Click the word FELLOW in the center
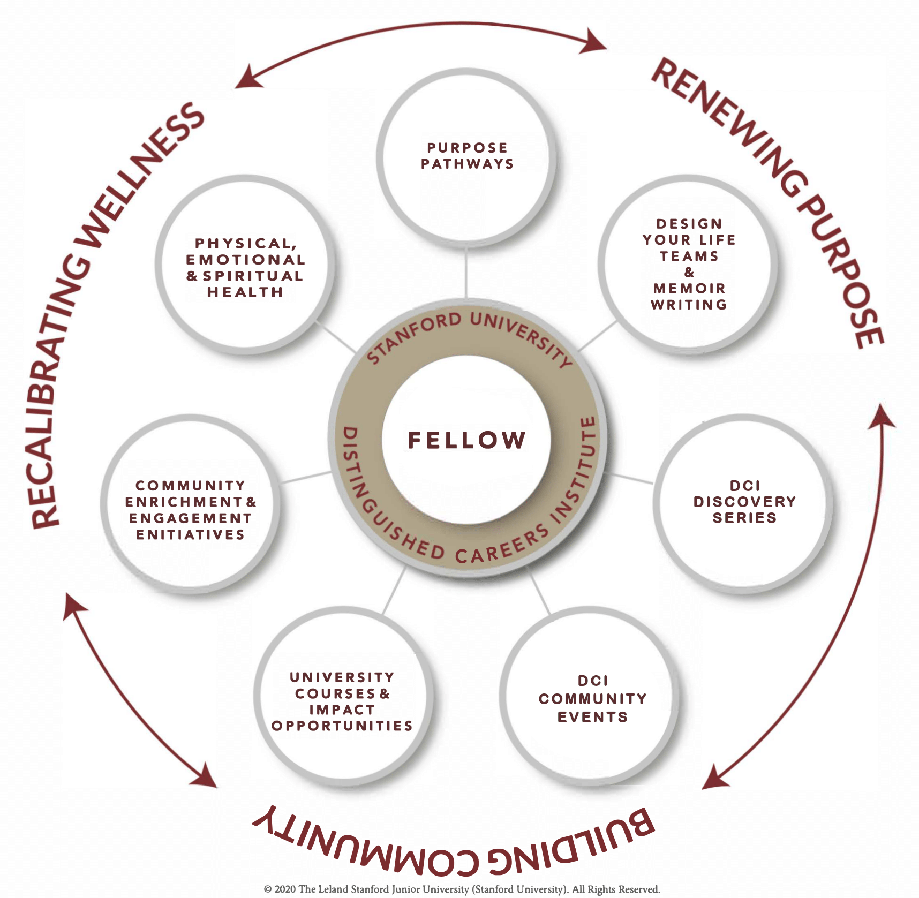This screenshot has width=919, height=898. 466,440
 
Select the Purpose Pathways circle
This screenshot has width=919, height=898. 466,156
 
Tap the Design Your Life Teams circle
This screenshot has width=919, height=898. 688,264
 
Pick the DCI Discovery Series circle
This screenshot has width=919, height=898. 744,502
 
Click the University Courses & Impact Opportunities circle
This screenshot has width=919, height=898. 342,701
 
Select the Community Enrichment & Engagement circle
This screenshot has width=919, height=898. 190,510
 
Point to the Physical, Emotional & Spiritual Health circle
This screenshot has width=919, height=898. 245,267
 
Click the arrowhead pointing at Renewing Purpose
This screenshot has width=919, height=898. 594,41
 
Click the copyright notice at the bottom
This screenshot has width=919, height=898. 462,889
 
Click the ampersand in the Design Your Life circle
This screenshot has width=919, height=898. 689,273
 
